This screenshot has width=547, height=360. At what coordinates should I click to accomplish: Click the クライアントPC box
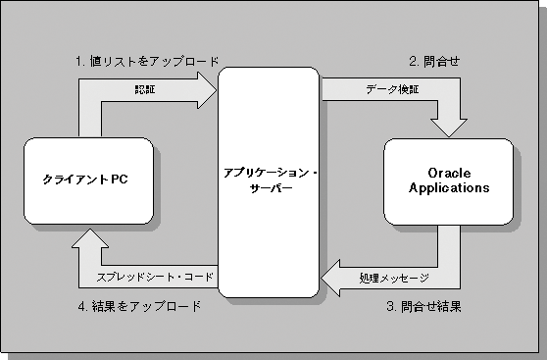point(85,180)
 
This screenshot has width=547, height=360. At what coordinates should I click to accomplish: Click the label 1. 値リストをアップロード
point(147,61)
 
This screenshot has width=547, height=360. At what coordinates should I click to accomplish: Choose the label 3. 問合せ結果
point(423,307)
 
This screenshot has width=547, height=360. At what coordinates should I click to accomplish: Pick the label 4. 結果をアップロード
point(139,307)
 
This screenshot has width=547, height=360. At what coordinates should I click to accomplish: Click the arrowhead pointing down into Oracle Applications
point(450,125)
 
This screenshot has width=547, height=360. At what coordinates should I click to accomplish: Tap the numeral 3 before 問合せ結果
point(390,307)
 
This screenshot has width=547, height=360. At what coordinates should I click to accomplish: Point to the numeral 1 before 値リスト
point(78,61)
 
